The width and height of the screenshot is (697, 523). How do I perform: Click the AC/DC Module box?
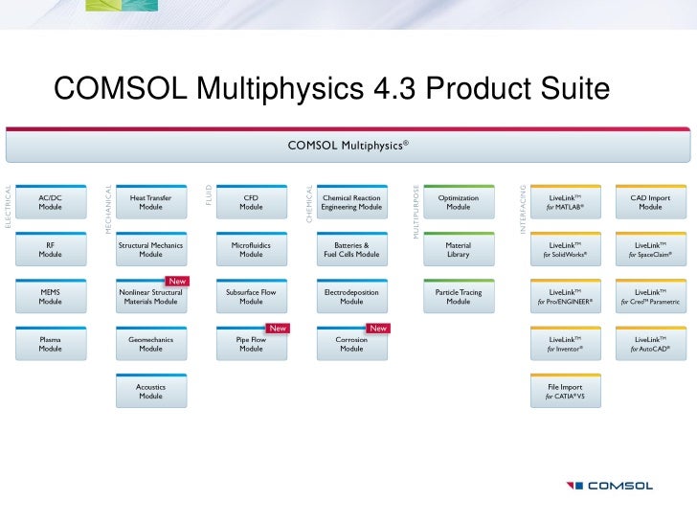pyautogui.click(x=51, y=202)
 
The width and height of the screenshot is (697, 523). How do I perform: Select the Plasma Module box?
pyautogui.click(x=51, y=344)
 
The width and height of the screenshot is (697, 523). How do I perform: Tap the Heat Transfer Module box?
pyautogui.click(x=150, y=202)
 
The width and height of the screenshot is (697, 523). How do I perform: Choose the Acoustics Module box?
pyautogui.click(x=150, y=391)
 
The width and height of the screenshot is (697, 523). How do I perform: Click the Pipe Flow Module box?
pyautogui.click(x=251, y=344)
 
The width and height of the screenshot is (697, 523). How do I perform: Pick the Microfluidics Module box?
pyautogui.click(x=251, y=249)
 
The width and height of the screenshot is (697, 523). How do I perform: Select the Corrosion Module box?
pyautogui.click(x=351, y=344)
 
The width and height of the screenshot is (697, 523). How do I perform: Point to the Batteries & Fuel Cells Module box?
pyautogui.click(x=351, y=249)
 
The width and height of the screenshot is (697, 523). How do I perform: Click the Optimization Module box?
pyautogui.click(x=459, y=202)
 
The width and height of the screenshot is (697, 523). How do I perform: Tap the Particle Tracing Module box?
pyautogui.click(x=459, y=296)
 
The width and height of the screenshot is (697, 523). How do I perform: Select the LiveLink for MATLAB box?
pyautogui.click(x=566, y=202)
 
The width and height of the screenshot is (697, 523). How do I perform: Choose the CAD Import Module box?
pyautogui.click(x=650, y=202)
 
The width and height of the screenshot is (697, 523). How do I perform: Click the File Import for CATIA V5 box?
pyautogui.click(x=566, y=391)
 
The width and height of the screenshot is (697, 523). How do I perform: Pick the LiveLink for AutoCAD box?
pyautogui.click(x=650, y=344)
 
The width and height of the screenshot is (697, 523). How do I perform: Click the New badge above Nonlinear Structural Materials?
pyautogui.click(x=177, y=281)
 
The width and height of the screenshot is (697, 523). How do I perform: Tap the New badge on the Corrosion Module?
pyautogui.click(x=378, y=328)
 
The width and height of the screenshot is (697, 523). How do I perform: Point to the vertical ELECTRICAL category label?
pyautogui.click(x=9, y=206)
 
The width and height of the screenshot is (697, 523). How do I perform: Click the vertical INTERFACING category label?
pyautogui.click(x=523, y=211)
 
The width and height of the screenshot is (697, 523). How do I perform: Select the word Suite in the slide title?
pyautogui.click(x=564, y=89)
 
